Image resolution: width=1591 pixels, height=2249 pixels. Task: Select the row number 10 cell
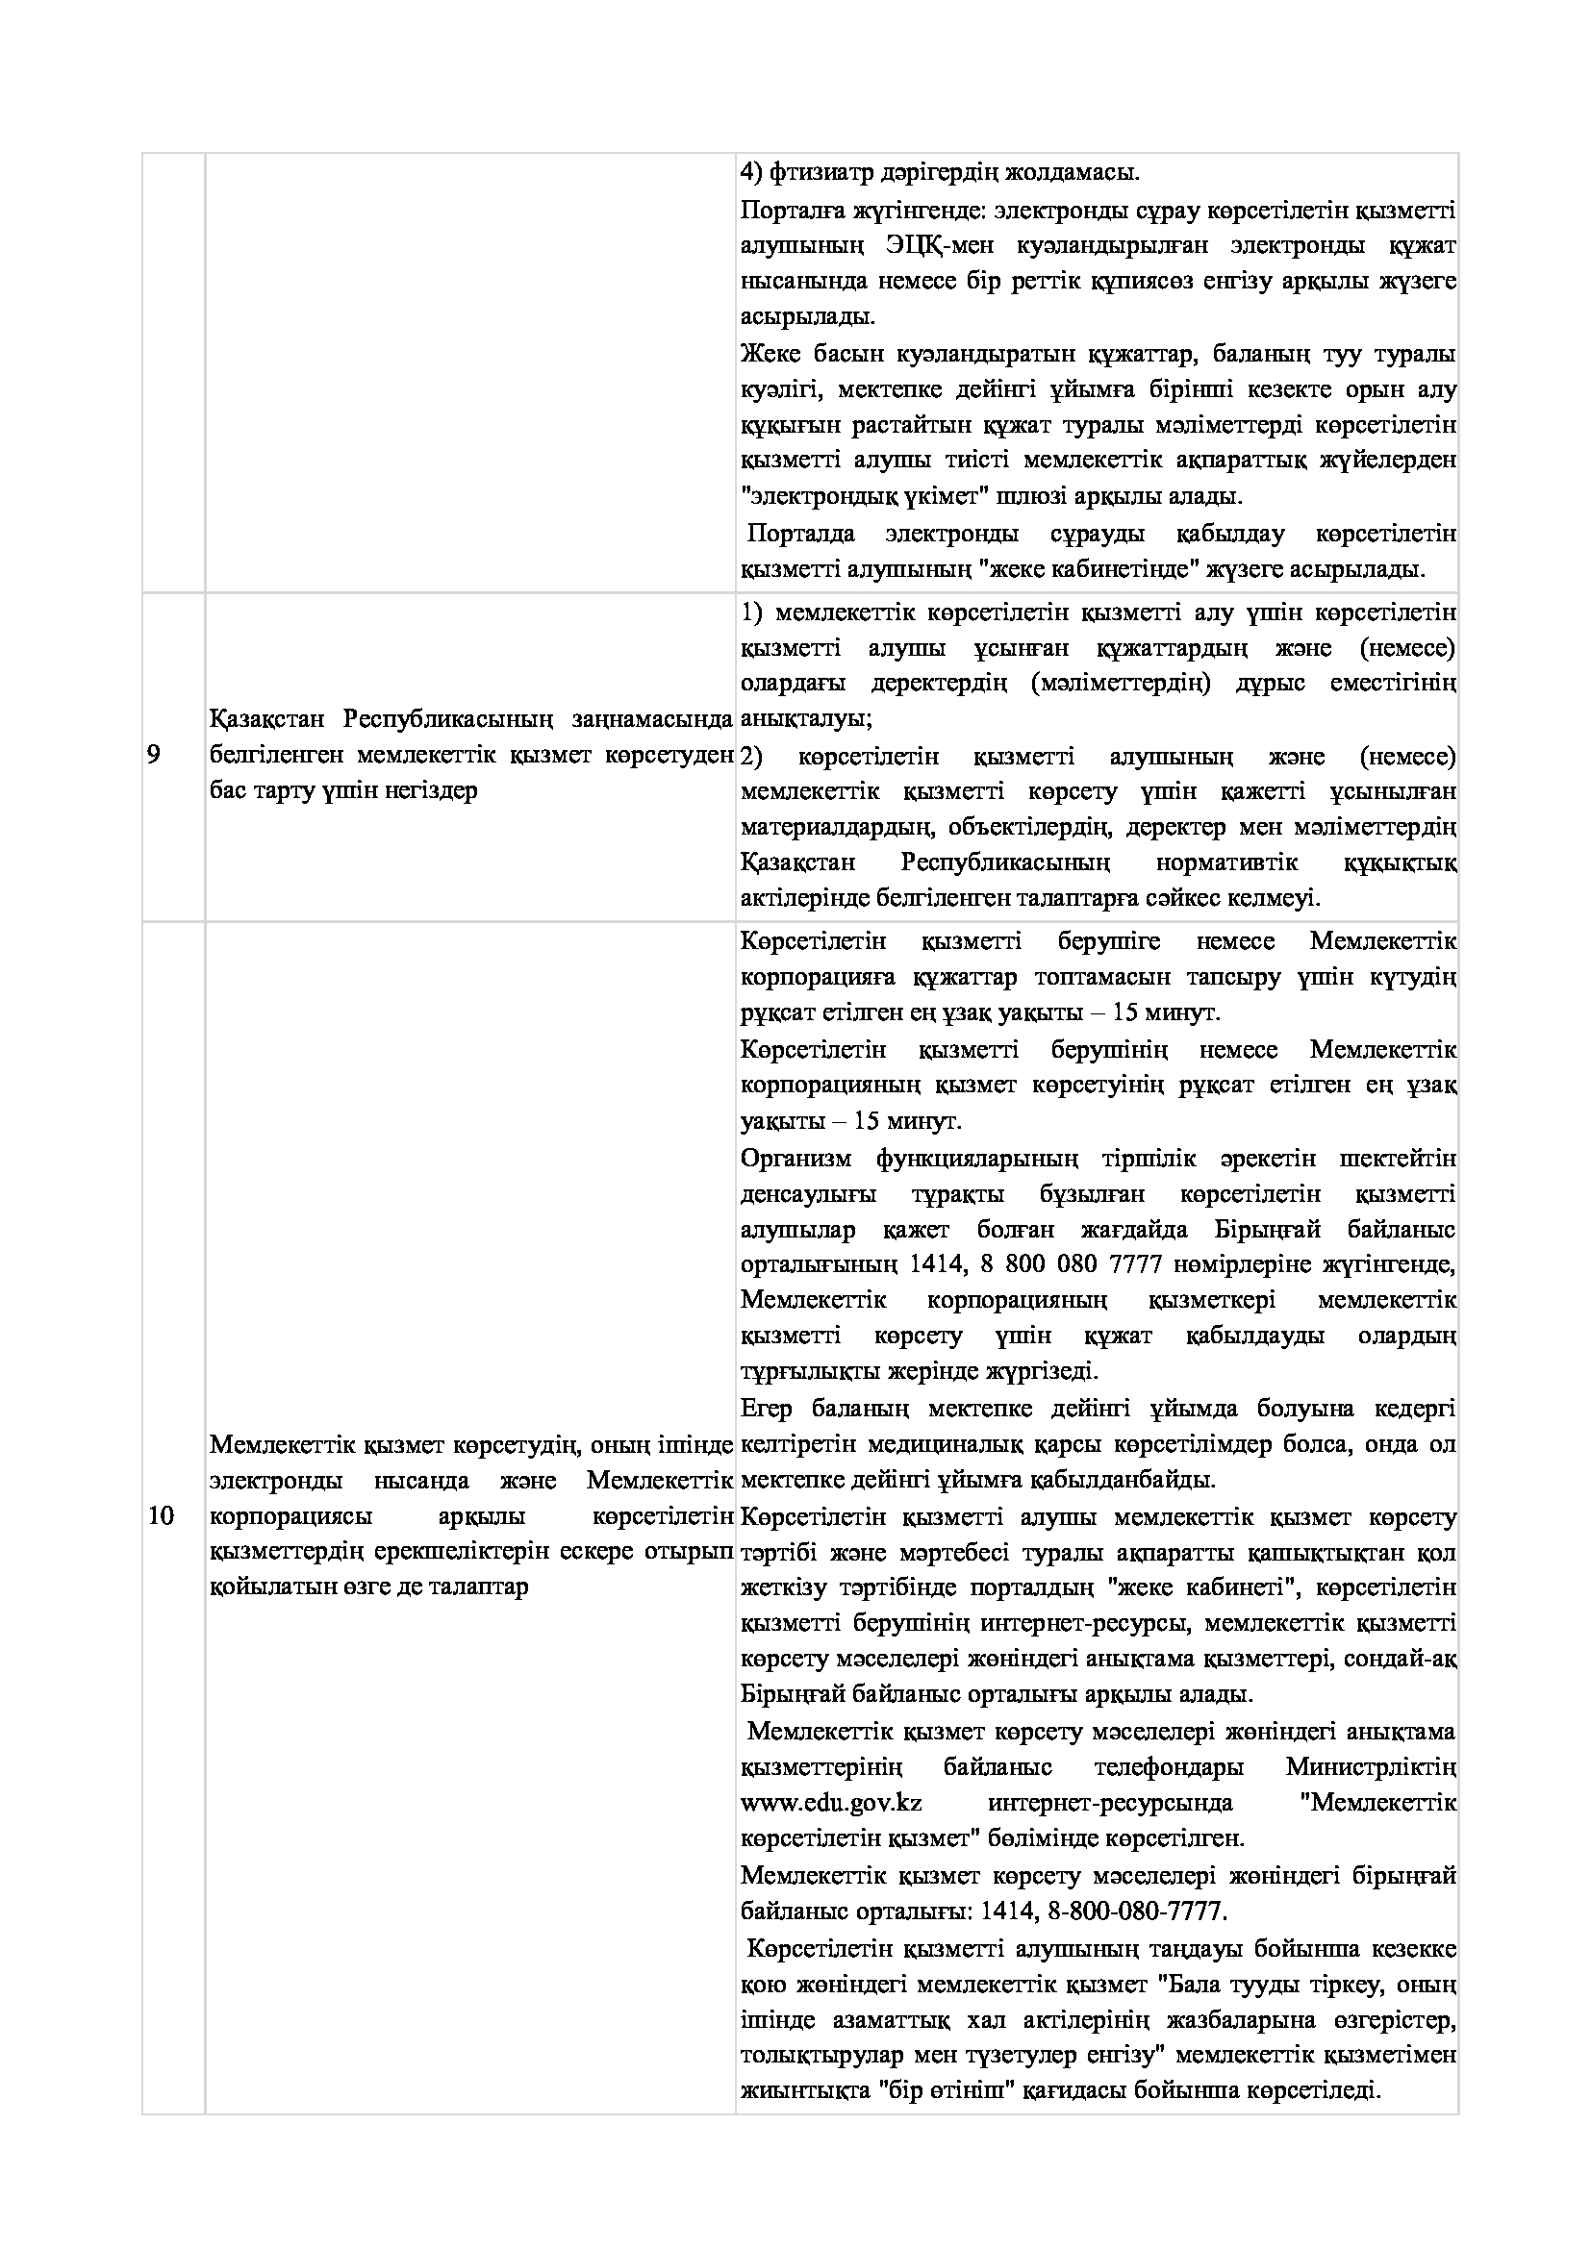point(161,1516)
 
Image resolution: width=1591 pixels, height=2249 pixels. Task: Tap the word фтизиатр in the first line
point(810,173)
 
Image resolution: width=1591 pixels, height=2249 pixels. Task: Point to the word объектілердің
point(1029,827)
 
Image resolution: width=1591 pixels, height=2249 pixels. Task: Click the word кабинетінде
point(1137,569)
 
